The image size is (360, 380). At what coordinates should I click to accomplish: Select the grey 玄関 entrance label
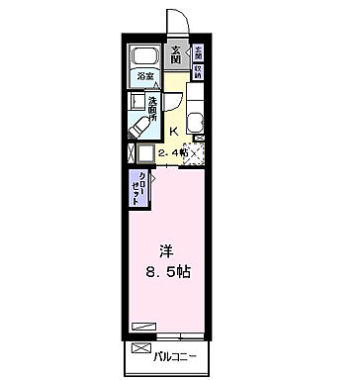[175, 56]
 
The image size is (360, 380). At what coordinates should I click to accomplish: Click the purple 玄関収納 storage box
[197, 62]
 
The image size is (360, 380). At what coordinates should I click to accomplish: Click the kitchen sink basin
[195, 124]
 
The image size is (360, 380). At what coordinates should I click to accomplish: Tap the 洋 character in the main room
[167, 251]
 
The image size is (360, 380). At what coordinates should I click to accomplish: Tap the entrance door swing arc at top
[174, 20]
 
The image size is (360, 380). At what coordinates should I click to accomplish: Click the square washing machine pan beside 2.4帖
[144, 154]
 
